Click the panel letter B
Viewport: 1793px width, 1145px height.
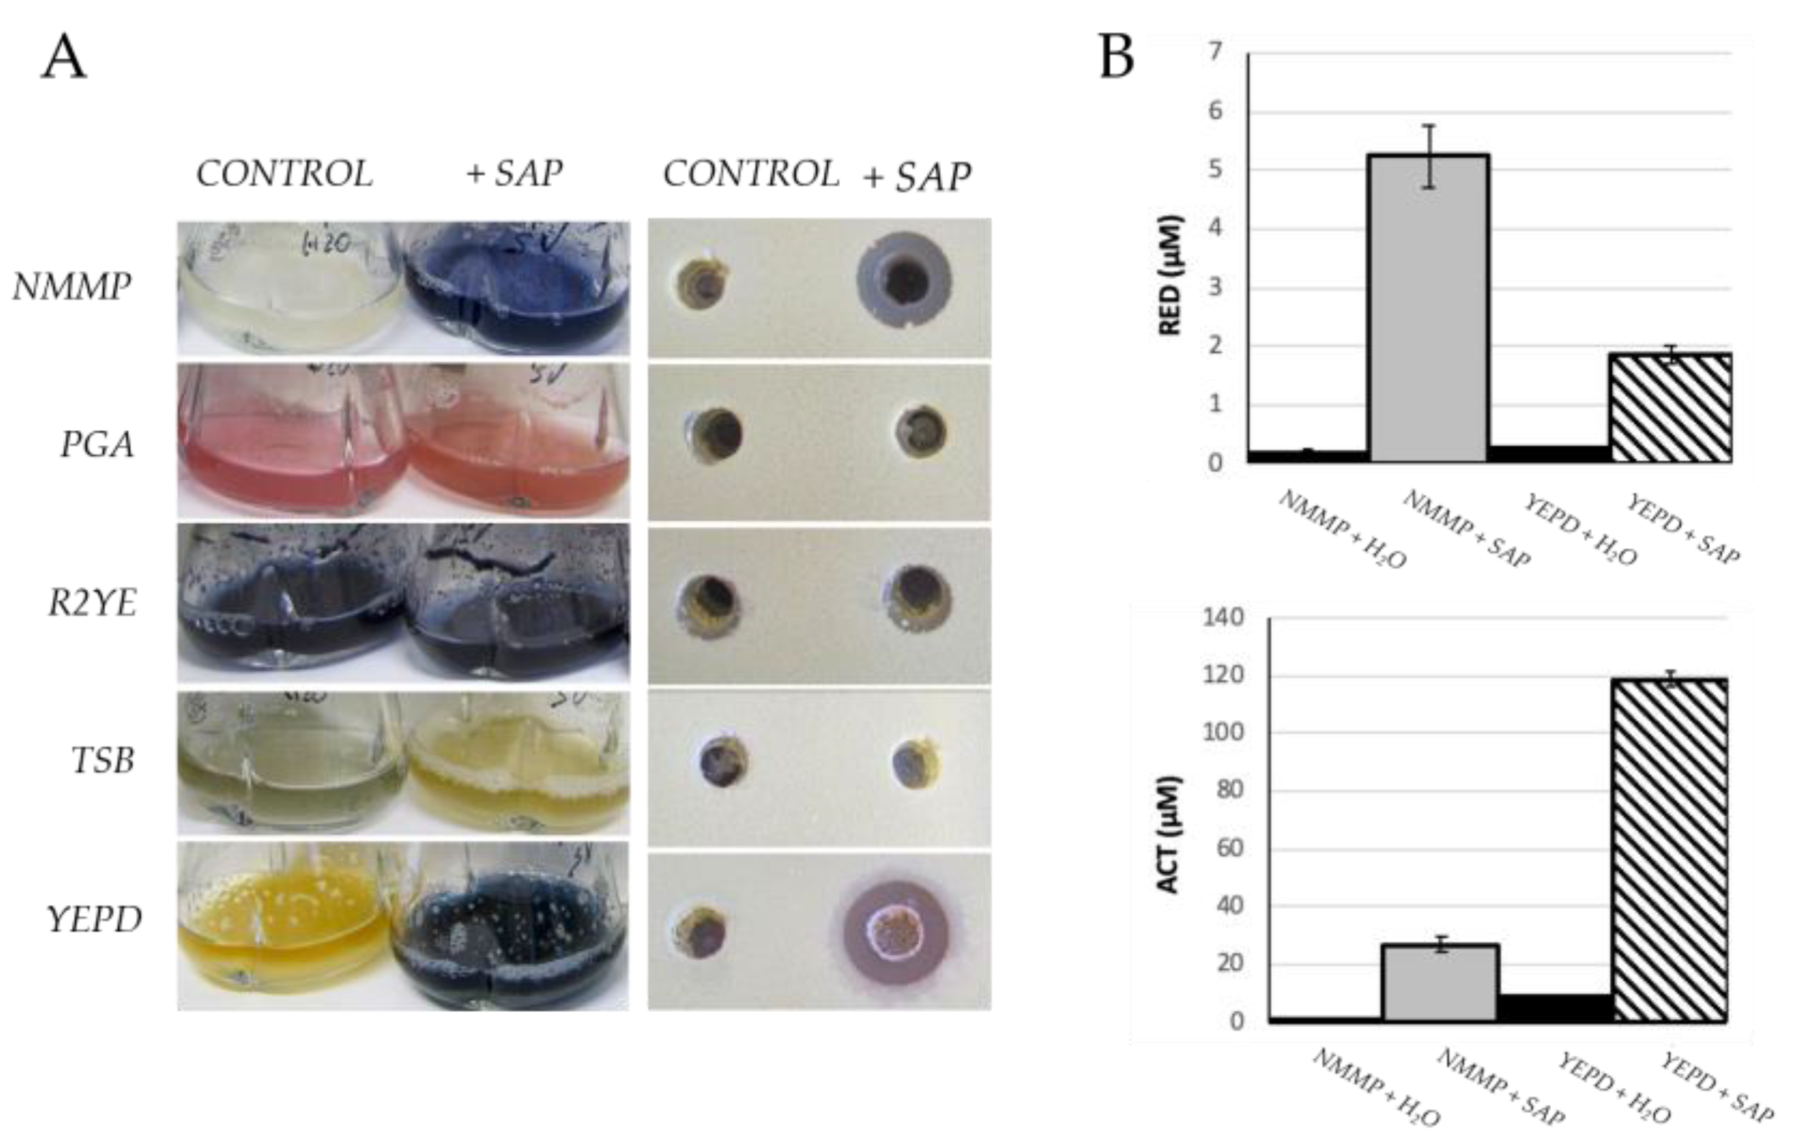(x=1116, y=57)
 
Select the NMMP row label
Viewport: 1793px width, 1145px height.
(x=72, y=287)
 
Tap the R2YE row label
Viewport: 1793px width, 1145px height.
(x=92, y=603)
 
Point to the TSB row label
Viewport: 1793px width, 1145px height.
(x=103, y=761)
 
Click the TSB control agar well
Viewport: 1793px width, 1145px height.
(x=724, y=761)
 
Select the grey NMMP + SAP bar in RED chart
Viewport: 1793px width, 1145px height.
(x=1429, y=308)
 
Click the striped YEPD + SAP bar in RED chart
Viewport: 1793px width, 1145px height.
(x=1670, y=407)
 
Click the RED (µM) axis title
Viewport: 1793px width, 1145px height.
(x=1171, y=276)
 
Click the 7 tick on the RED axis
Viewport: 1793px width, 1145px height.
(x=1214, y=52)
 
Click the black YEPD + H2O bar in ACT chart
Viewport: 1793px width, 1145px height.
(x=1555, y=1007)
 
